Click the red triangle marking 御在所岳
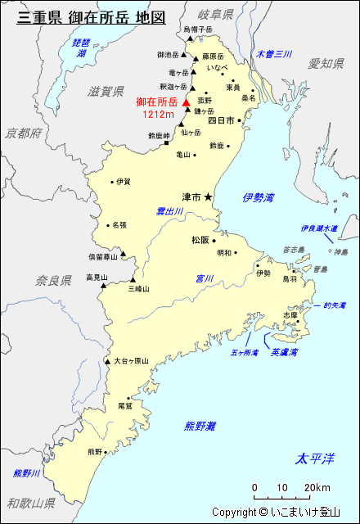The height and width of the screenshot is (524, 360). [x=187, y=102]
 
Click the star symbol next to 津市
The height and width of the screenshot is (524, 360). [x=208, y=196]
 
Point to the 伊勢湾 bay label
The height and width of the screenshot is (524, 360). [x=259, y=197]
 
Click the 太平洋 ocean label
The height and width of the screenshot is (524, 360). [x=315, y=458]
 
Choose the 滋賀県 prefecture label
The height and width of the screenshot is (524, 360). [x=106, y=92]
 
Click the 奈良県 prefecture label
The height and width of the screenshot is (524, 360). [x=53, y=281]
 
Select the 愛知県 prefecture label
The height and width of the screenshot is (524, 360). [x=326, y=64]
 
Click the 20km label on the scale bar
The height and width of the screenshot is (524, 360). [x=317, y=489]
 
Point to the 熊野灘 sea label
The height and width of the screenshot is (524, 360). [x=200, y=426]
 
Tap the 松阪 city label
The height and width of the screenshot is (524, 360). [x=200, y=240]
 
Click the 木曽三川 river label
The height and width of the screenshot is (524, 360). [x=273, y=54]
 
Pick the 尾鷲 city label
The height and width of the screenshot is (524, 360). [x=125, y=405]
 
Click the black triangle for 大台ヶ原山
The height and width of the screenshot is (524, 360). [x=107, y=361]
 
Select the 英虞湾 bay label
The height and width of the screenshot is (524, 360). [x=284, y=352]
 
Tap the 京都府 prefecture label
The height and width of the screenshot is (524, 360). [x=22, y=133]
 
